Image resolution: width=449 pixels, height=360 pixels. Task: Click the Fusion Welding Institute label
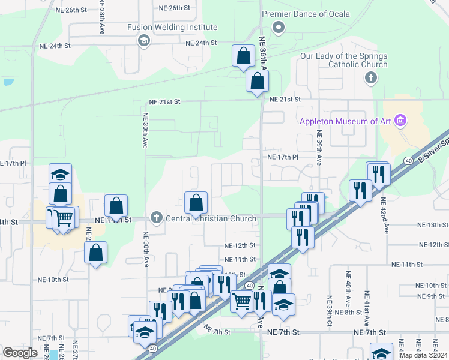click(x=172, y=28)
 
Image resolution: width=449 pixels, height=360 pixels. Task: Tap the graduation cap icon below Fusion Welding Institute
click(x=143, y=40)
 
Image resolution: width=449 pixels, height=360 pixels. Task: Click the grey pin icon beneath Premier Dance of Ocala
click(x=278, y=28)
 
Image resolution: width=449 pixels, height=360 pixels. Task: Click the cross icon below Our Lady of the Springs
click(x=371, y=78)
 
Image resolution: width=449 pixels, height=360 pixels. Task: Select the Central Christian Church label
click(x=211, y=218)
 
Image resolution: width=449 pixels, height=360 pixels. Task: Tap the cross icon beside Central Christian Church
click(x=157, y=218)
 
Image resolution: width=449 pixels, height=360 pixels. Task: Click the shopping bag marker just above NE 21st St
click(x=257, y=81)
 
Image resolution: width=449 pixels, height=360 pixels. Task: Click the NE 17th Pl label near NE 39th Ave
click(x=283, y=157)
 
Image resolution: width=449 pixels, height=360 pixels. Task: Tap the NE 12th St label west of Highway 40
click(x=240, y=245)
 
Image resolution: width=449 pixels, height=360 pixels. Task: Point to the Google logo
click(x=20, y=353)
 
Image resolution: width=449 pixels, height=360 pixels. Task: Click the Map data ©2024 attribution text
click(x=423, y=355)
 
